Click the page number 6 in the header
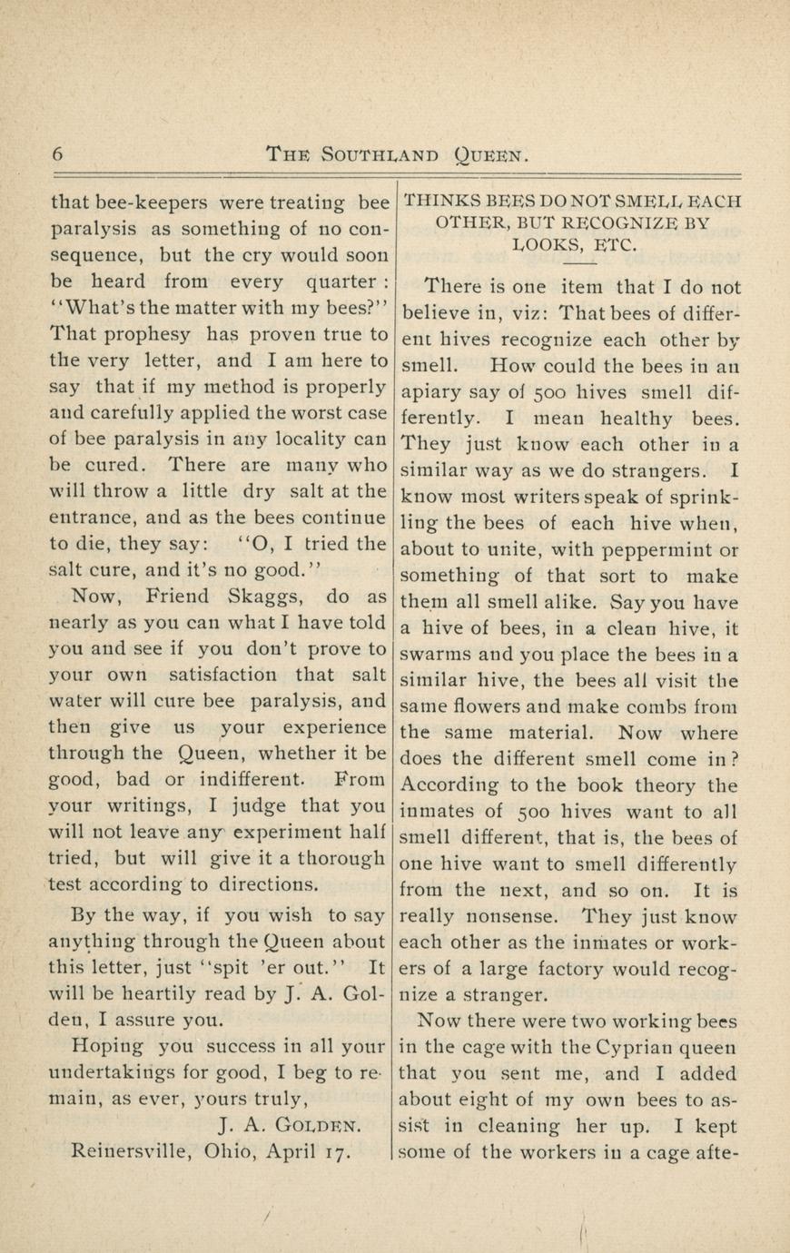point(58,153)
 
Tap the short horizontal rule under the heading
point(572,261)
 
